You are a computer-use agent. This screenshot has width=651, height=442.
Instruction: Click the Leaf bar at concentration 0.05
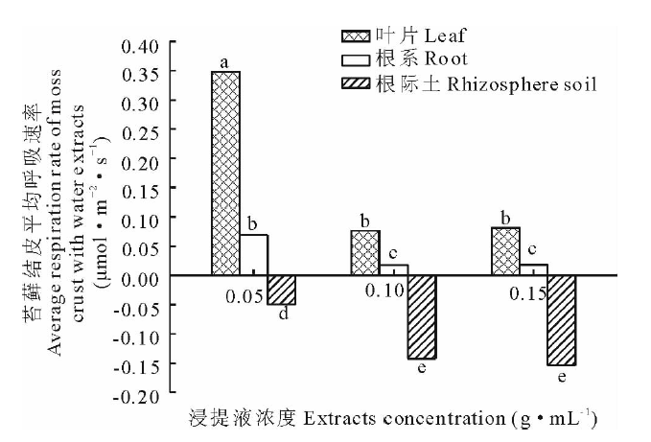[x=225, y=173]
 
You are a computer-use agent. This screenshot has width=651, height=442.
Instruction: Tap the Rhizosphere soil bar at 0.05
[x=282, y=290]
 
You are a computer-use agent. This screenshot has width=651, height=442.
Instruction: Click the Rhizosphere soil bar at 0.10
[x=422, y=316]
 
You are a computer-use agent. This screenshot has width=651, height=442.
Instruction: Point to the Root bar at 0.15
[x=533, y=269]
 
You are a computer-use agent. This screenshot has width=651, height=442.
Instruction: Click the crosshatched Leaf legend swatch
[x=355, y=37]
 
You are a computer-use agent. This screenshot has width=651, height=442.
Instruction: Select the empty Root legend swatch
[x=355, y=60]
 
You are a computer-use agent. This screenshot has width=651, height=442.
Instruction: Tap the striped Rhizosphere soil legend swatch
[x=355, y=84]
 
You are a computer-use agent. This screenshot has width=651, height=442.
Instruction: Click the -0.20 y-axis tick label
[x=135, y=393]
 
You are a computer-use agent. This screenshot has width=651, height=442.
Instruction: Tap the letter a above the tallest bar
[x=224, y=61]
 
